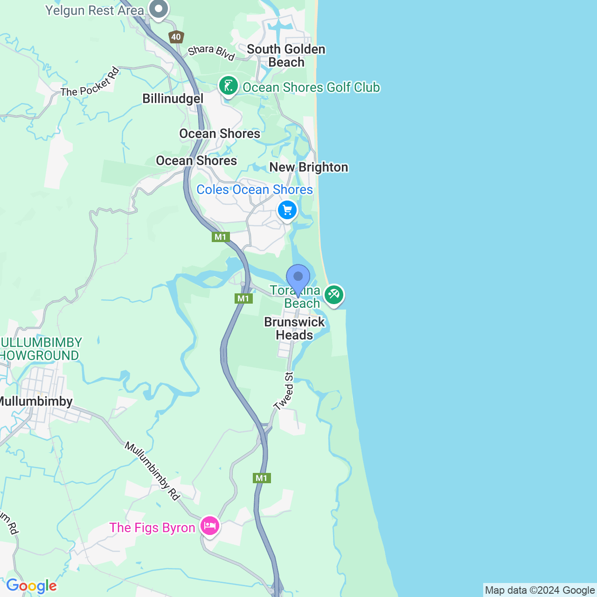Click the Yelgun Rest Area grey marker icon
point(159,9)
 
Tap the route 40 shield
point(176,37)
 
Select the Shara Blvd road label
point(211,52)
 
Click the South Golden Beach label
point(286,56)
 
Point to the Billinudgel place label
point(173,98)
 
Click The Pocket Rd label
point(90,82)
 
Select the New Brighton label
point(309,167)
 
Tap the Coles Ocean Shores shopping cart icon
point(287,210)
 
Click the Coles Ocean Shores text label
point(255,189)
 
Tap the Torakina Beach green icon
point(334,295)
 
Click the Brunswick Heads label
point(294,328)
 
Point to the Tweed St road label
point(284,391)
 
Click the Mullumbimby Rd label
point(152,471)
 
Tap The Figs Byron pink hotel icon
point(210,526)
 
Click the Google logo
point(31,586)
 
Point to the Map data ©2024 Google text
point(540,590)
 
